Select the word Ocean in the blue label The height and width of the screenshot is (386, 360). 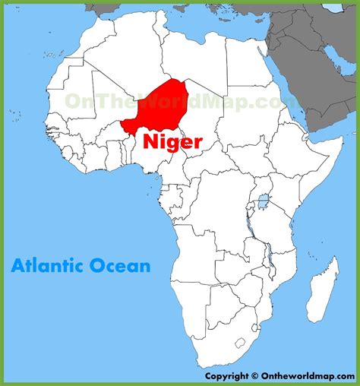[123, 266]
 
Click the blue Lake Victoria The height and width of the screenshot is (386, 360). [263, 203]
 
